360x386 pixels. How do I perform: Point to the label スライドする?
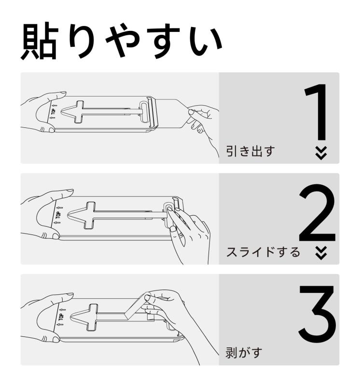coord(263,252)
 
